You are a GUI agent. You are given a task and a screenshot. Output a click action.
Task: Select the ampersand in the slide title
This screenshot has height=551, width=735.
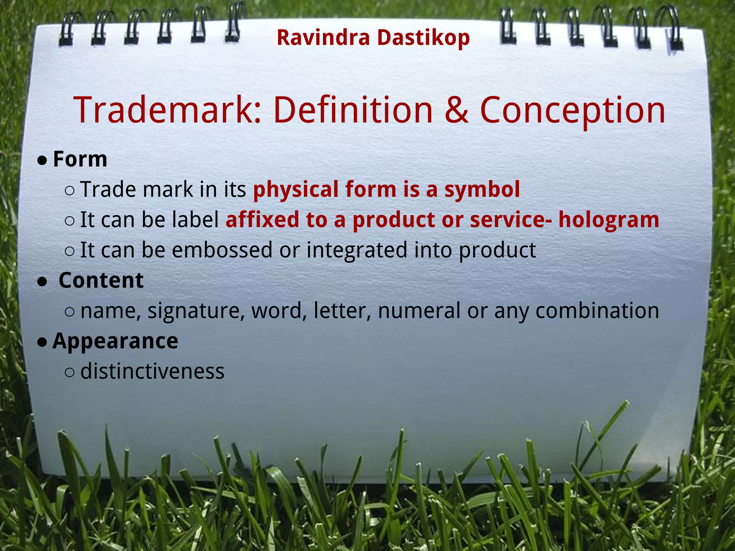pyautogui.click(x=456, y=110)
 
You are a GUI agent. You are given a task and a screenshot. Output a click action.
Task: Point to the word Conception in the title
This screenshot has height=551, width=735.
pyautogui.click(x=572, y=110)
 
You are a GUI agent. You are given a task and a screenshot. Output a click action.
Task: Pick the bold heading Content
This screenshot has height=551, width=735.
pyautogui.click(x=101, y=280)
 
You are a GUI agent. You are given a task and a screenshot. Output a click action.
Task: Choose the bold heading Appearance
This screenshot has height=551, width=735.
pyautogui.click(x=115, y=341)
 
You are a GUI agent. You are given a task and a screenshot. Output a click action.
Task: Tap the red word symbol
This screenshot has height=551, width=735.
pyautogui.click(x=482, y=189)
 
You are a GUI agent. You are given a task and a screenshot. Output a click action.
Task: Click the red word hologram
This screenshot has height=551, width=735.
pyautogui.click(x=609, y=220)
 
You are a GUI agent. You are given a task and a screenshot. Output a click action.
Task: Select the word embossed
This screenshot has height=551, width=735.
pyautogui.click(x=222, y=250)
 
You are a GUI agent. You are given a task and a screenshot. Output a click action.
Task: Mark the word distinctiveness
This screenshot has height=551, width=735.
pyautogui.click(x=152, y=371)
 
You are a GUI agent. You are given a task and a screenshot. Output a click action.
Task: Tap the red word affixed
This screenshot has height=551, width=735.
pyautogui.click(x=262, y=220)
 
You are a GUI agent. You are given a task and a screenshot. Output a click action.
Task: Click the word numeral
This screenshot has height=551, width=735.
pyautogui.click(x=419, y=311)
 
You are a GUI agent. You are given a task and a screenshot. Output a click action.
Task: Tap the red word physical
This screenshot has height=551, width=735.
pyautogui.click(x=296, y=189)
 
